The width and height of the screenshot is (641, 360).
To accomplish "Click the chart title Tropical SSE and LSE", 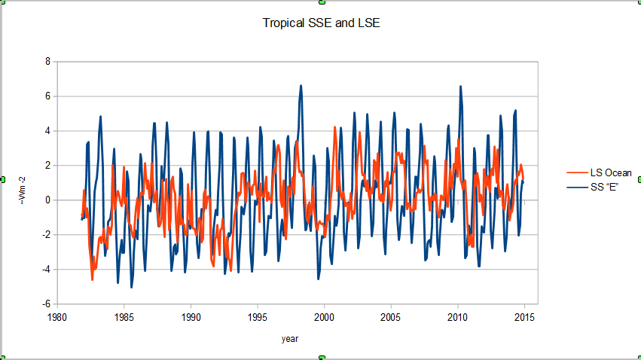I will click(321, 23).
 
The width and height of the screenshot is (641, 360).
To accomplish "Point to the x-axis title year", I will click(290, 339).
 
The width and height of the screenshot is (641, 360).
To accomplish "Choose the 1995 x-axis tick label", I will click(258, 318).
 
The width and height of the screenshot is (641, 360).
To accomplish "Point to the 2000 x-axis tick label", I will click(325, 318).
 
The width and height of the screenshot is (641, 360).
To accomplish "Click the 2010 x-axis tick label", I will click(458, 318).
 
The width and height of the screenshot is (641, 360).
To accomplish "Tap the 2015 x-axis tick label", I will click(524, 318).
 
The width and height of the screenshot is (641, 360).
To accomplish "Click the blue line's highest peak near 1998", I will click(301, 86).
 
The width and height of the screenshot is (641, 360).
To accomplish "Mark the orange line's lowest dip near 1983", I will click(93, 279).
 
